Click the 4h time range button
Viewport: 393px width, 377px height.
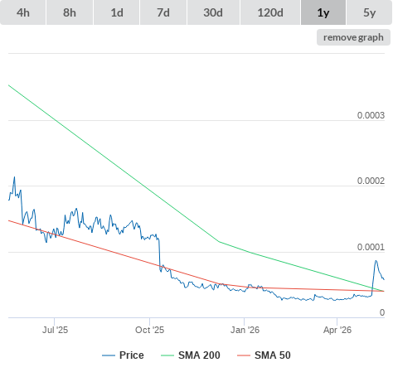click(23, 12)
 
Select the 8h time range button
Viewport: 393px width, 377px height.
click(70, 12)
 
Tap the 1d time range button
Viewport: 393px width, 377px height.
click(117, 12)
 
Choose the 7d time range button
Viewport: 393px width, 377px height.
click(163, 12)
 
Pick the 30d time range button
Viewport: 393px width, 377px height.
click(213, 12)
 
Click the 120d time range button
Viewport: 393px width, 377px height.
click(270, 12)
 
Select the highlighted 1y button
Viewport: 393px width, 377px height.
click(323, 12)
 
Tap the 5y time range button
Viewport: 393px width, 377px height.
click(369, 12)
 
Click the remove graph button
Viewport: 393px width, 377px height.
click(353, 37)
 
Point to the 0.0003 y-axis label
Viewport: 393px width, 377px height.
click(371, 115)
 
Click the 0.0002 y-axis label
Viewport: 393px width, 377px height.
click(371, 181)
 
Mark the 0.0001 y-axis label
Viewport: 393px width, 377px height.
click(371, 247)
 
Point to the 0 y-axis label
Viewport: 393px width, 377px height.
click(382, 312)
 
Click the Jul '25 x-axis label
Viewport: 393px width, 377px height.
click(55, 330)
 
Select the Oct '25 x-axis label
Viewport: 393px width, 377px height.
click(149, 330)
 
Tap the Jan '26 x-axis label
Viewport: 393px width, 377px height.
click(245, 330)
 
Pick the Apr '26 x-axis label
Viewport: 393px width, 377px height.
click(337, 330)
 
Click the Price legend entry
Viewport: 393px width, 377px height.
click(123, 355)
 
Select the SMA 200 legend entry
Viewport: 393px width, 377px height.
click(191, 355)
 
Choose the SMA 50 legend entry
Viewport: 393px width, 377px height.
click(264, 355)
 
